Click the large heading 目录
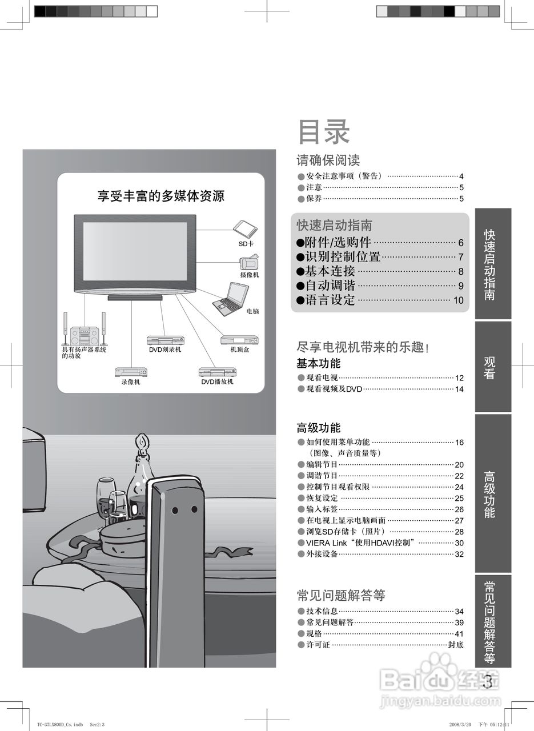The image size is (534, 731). pyautogui.click(x=323, y=132)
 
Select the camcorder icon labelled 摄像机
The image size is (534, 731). pyautogui.click(x=250, y=263)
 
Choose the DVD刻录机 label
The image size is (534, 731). pyautogui.click(x=165, y=350)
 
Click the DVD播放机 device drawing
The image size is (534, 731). pyautogui.click(x=217, y=372)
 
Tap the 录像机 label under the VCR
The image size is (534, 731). pyautogui.click(x=131, y=382)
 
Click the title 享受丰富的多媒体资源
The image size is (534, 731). pyautogui.click(x=161, y=196)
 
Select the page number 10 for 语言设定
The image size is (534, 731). pyautogui.click(x=458, y=300)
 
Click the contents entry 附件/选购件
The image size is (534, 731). pyautogui.click(x=339, y=242)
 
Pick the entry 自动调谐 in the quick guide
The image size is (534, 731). pyautogui.click(x=330, y=286)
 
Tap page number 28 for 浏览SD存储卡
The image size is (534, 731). pyautogui.click(x=459, y=532)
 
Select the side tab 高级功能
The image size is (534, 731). pyautogui.click(x=489, y=495)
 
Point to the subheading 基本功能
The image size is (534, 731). pyautogui.click(x=318, y=363)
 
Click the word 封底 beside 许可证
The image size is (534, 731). pyautogui.click(x=456, y=645)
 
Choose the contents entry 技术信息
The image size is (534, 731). pyautogui.click(x=322, y=611)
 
